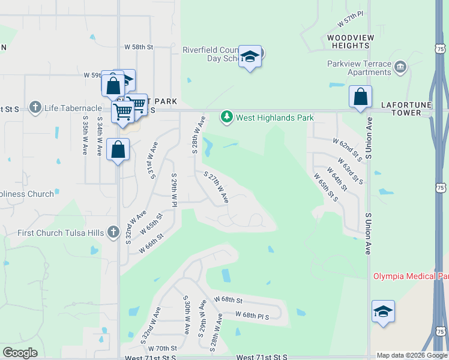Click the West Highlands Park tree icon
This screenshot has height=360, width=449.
[226, 117]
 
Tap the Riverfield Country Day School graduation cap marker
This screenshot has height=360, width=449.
[250, 57]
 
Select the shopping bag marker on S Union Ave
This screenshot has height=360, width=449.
[360, 97]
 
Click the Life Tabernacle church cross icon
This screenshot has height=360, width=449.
[35, 108]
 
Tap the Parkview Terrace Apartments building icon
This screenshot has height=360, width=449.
[400, 65]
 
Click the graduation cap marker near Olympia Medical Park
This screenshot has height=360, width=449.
[383, 312]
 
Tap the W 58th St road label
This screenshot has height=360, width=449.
[139, 47]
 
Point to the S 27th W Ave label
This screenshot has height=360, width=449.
[217, 187]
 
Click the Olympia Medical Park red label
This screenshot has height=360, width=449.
[411, 276]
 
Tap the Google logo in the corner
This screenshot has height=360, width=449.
[20, 353]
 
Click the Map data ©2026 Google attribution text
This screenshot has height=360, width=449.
[412, 355]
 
